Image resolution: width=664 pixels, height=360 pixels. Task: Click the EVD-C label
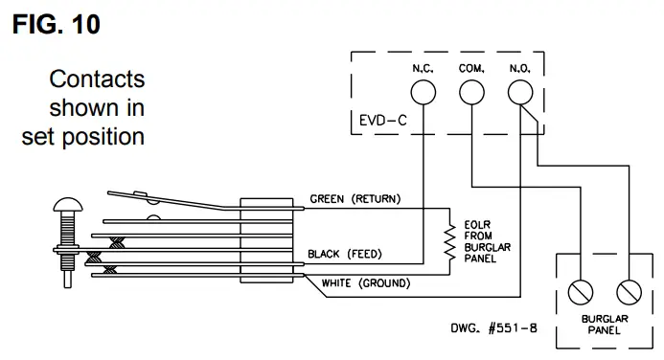click(383, 121)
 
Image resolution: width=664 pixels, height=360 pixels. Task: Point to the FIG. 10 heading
click(57, 24)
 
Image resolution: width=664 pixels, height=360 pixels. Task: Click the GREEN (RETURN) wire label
click(355, 199)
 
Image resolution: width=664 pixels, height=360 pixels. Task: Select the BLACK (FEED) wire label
click(345, 254)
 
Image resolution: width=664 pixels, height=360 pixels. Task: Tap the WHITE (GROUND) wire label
click(366, 283)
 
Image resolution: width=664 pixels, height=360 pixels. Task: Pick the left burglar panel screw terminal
click(580, 292)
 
